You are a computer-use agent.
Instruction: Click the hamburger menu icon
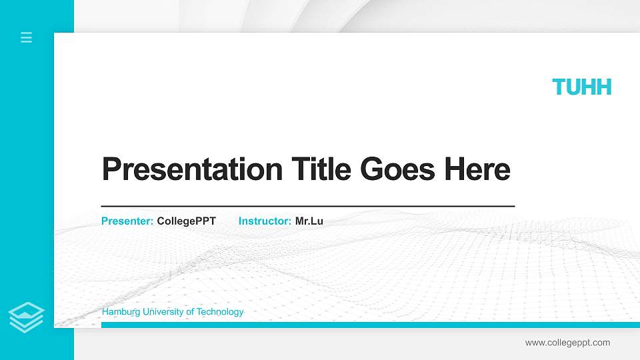click(x=27, y=37)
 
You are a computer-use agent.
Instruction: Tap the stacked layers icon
click(x=27, y=317)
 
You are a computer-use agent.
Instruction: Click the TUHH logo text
click(x=581, y=87)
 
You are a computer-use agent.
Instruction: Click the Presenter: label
click(x=127, y=221)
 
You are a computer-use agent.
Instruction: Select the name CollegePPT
click(x=186, y=221)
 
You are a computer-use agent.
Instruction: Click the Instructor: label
click(x=265, y=221)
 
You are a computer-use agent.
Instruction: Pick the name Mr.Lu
click(x=309, y=221)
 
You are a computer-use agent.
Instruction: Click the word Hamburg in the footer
click(x=118, y=312)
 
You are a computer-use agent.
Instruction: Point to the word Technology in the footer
click(x=217, y=312)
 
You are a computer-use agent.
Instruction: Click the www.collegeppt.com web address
click(x=567, y=343)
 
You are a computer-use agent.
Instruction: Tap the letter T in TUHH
click(x=559, y=87)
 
